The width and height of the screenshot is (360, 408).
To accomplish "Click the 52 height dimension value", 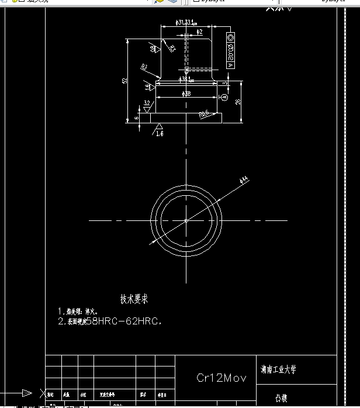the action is (x=124, y=81).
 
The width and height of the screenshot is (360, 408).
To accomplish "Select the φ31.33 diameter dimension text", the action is (x=185, y=23).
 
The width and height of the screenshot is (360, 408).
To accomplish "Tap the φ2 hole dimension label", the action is (x=199, y=32).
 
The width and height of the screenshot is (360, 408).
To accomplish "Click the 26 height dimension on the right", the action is (x=238, y=102).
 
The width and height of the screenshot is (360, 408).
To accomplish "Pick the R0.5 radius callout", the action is (x=204, y=115).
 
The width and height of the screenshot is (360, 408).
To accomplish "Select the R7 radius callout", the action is (x=143, y=67).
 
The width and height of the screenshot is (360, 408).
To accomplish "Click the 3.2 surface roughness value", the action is (x=147, y=103).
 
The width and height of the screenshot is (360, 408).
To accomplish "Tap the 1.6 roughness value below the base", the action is (x=160, y=134).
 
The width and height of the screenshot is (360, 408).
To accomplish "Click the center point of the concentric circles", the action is (x=186, y=220).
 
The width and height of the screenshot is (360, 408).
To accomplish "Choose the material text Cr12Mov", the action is (x=221, y=378).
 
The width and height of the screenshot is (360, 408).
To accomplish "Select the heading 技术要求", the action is (x=134, y=299).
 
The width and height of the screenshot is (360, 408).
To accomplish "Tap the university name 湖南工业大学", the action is (x=279, y=369).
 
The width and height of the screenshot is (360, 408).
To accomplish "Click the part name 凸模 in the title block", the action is (x=281, y=398).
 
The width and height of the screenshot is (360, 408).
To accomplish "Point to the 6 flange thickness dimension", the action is (x=137, y=117).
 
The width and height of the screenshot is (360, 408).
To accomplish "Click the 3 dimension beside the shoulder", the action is (x=226, y=82).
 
